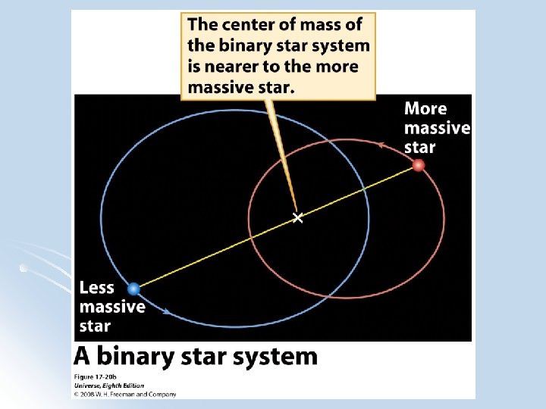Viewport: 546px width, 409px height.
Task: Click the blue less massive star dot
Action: (x=134, y=289)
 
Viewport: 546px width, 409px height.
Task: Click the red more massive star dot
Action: (x=419, y=166)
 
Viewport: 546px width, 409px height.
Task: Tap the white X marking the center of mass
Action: (x=297, y=218)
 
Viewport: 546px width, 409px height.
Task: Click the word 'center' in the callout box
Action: (x=247, y=25)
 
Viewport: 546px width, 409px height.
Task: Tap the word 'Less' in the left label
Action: (x=97, y=288)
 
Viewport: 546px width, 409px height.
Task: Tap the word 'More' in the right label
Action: (x=425, y=109)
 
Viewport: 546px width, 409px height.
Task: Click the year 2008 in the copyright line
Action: (x=89, y=394)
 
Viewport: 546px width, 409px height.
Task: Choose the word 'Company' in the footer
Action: (x=162, y=394)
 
